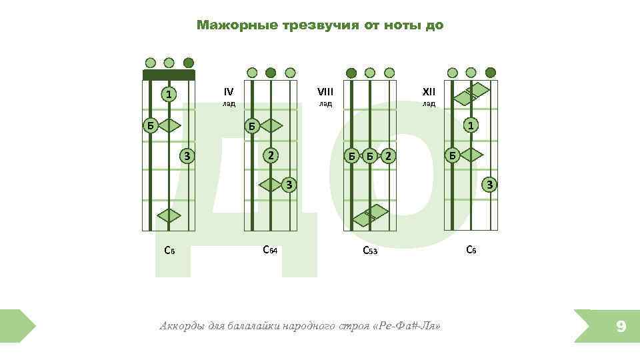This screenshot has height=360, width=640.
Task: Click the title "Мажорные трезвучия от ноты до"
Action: coord(319,25)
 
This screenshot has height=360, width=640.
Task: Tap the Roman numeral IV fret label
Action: coord(229,91)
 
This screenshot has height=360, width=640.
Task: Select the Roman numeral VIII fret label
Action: coord(325,91)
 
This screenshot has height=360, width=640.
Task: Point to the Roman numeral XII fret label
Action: coord(429,91)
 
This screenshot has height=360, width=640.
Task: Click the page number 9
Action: coord(621,326)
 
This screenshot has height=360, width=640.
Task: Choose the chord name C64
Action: coord(270,250)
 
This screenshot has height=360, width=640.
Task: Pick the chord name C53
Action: coord(369,251)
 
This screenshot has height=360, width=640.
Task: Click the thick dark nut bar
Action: coord(169,75)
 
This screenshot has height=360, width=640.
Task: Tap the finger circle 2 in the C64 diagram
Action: coord(270,155)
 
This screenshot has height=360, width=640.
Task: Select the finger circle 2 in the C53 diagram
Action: coord(389,156)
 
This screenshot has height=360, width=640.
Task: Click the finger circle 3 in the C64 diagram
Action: coord(289,184)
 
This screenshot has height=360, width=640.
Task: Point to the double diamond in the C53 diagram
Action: coord(365,215)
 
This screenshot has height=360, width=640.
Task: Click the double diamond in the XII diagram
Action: coord(472,94)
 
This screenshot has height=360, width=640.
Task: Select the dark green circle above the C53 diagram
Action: coord(351,73)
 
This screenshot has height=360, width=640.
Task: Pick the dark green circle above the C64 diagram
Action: coord(271,73)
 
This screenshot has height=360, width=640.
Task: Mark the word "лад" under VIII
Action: coord(325,104)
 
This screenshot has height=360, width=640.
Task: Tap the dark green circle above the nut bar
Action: coord(189,63)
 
